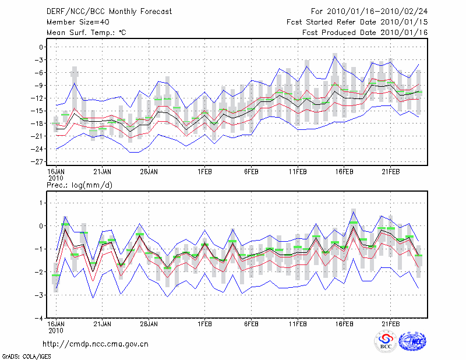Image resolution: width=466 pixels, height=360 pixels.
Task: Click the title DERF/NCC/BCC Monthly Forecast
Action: coord(108,11)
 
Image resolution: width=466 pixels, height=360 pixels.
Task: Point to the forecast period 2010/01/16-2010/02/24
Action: coord(369,11)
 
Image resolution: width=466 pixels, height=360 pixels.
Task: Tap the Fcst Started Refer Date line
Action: coord(357,22)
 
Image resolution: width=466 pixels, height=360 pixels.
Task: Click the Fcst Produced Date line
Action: coord(365,32)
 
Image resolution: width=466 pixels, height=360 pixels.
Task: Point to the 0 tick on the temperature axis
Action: coord(41,47)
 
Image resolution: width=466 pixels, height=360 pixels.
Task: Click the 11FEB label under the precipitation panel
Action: coord(298,324)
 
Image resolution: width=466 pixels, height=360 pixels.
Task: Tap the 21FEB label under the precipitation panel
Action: coord(391,324)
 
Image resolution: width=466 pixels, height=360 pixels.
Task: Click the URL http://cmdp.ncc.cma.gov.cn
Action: coord(96,344)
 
